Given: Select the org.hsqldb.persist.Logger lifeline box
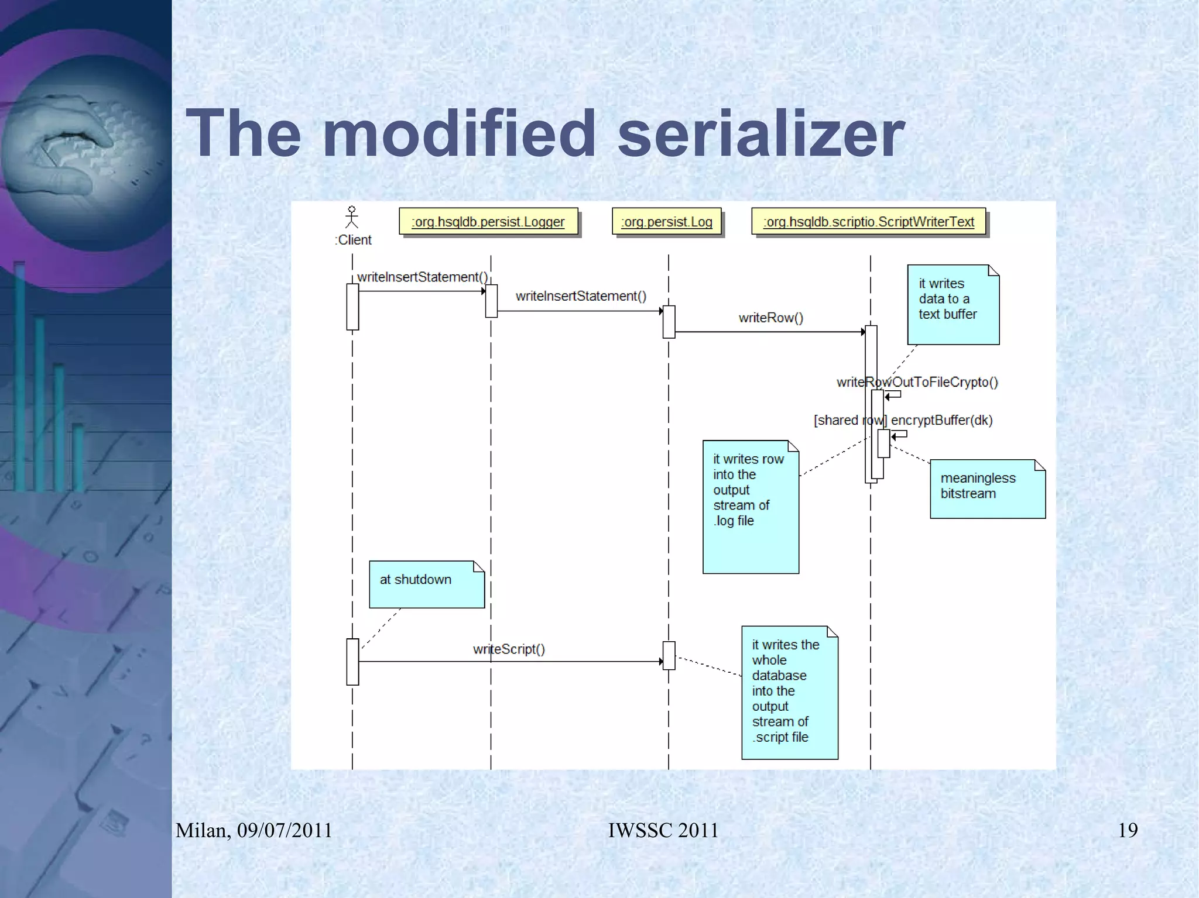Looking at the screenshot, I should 488,222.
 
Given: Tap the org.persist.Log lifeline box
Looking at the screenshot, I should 666,222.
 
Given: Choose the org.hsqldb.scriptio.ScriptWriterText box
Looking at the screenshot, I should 869,222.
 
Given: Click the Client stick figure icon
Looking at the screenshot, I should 351,217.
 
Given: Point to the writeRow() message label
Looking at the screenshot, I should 770,318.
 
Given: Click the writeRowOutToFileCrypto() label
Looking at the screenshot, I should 917,382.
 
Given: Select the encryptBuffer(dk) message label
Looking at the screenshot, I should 941,420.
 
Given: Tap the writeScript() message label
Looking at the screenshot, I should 509,649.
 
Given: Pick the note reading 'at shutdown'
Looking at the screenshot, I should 427,584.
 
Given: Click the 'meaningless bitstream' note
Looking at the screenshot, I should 987,488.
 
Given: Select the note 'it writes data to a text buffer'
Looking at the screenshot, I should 953,304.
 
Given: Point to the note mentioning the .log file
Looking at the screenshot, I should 751,507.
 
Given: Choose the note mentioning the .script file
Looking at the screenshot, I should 789,693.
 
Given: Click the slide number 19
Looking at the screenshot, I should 1128,830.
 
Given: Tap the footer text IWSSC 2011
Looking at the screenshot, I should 663,830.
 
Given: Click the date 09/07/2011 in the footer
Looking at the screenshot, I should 285,830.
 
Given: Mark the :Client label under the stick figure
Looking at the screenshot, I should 354,240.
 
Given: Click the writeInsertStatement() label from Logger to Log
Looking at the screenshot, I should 581,296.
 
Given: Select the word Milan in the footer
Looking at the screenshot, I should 203,830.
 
